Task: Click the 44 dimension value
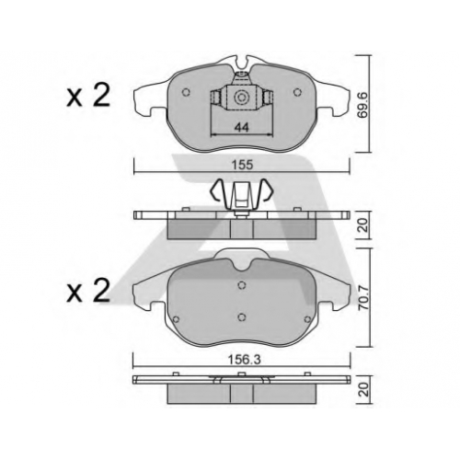click(x=241, y=127)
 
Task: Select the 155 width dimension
click(x=242, y=165)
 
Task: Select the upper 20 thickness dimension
click(x=364, y=225)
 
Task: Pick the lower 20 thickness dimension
click(x=364, y=389)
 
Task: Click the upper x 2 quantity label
click(x=88, y=96)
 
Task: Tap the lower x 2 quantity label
click(x=88, y=290)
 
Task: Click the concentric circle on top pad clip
click(x=240, y=98)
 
